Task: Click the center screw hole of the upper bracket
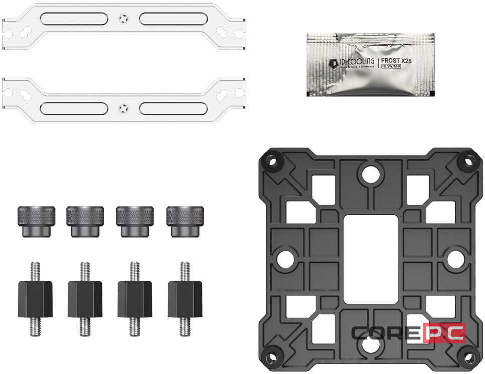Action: click(123, 19)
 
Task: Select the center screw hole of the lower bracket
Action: click(123, 107)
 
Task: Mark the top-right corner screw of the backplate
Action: click(469, 161)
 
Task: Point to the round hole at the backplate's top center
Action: click(371, 173)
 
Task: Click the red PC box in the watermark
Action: click(444, 333)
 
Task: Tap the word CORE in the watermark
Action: click(386, 333)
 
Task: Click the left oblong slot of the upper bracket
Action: click(74, 19)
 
